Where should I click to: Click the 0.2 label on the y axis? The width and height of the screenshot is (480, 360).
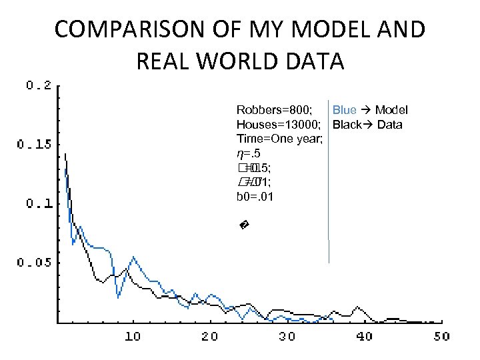(39, 85)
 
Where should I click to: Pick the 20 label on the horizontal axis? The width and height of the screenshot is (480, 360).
(209, 336)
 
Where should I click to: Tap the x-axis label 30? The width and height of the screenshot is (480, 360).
(287, 336)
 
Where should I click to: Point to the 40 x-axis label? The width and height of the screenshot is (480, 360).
(364, 336)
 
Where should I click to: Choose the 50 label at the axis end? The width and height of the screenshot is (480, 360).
(441, 336)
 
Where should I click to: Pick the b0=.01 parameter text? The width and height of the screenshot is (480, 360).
(255, 197)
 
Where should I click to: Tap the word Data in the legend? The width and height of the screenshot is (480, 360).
(389, 125)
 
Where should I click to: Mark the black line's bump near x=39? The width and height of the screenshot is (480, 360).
(359, 307)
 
